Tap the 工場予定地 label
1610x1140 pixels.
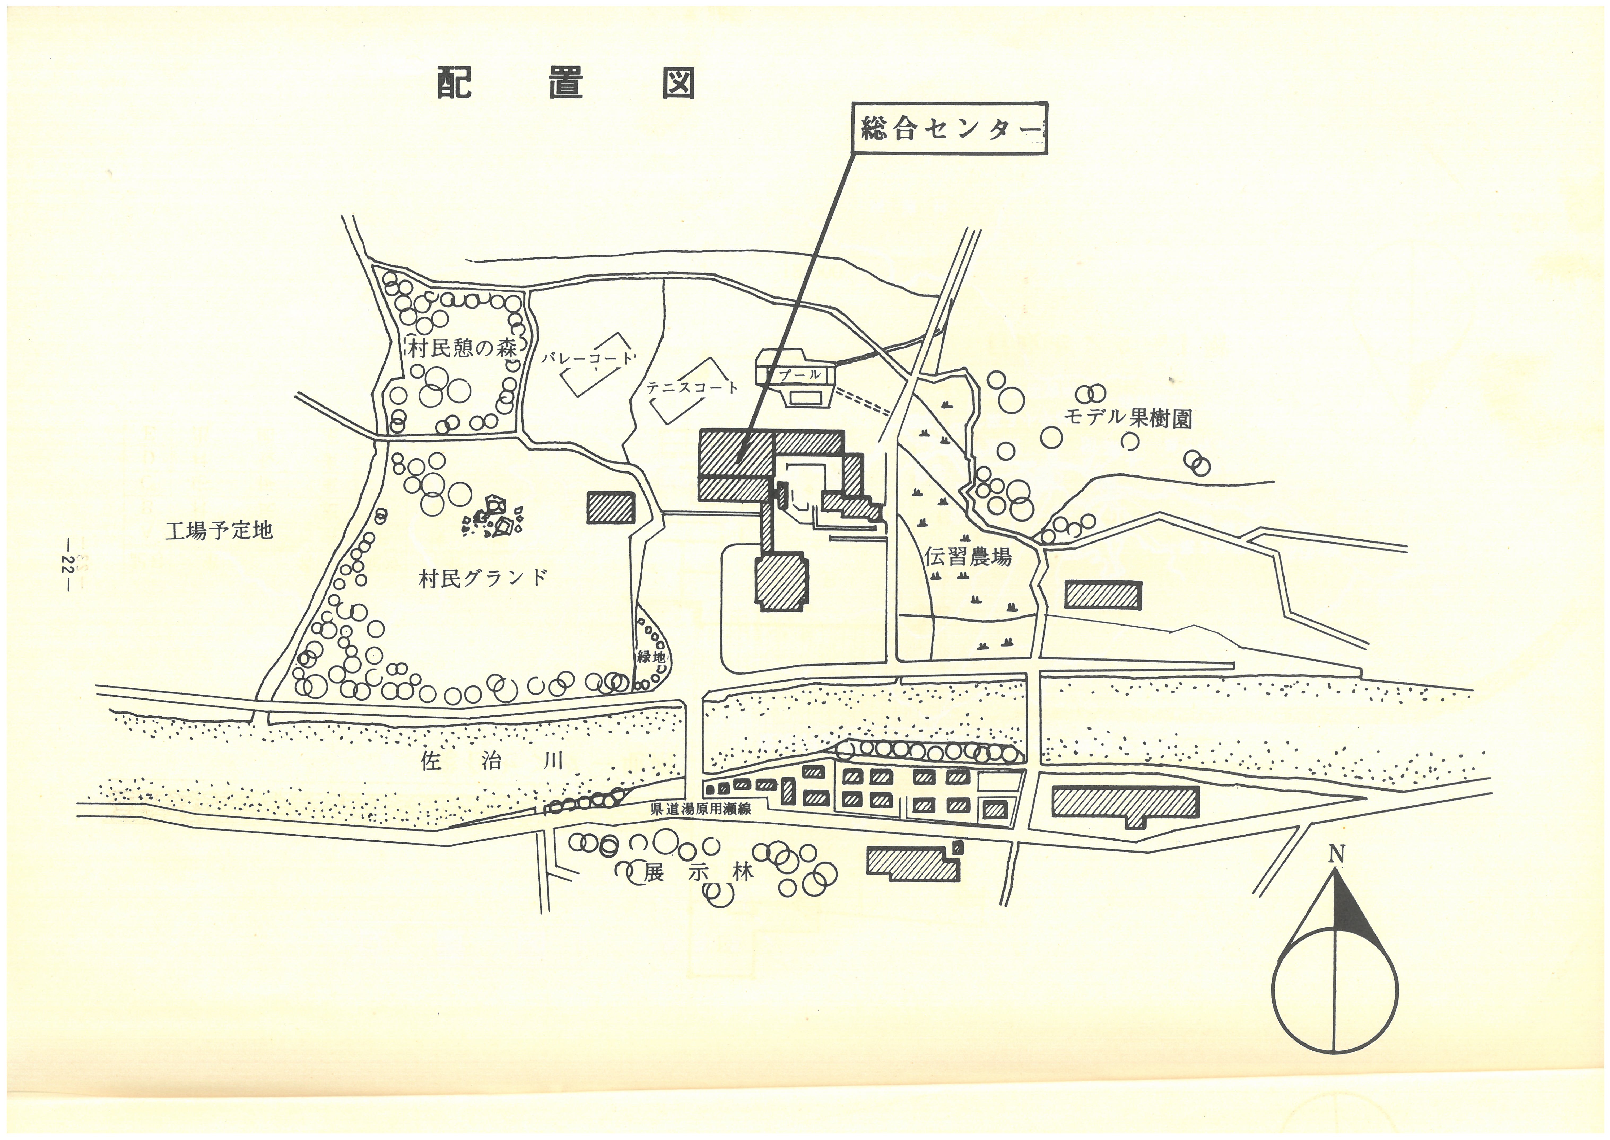218,530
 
